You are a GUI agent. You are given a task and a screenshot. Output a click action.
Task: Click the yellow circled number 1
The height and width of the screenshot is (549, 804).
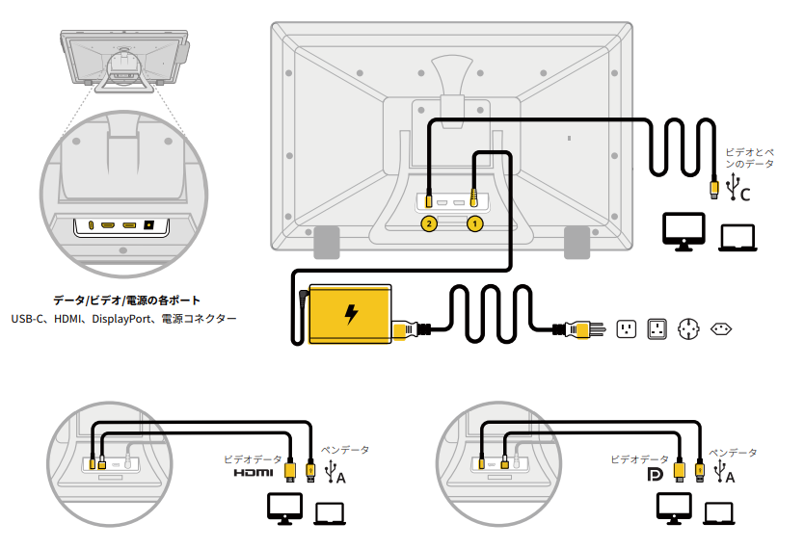pos(474,223)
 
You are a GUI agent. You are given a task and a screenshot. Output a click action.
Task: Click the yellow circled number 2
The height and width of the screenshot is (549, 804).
pos(429,223)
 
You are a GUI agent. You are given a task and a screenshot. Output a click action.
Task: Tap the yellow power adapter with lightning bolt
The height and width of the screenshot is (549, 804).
pos(350,313)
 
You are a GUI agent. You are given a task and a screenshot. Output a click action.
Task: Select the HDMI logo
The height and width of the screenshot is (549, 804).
pos(254,473)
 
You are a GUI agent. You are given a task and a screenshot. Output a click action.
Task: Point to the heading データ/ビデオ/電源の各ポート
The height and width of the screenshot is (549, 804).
pos(121,301)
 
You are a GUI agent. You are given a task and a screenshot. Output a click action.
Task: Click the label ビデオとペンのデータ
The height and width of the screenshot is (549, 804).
pos(748,158)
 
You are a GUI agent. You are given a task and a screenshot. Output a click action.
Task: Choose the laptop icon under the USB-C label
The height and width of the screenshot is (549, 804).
pos(738,235)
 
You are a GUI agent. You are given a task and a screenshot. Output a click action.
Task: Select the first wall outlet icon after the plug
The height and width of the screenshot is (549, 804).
pos(627,329)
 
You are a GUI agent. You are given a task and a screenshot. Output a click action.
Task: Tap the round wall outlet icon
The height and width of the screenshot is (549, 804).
pos(689,329)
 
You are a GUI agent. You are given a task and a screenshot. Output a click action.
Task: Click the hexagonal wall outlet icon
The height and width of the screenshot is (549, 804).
pos(721,329)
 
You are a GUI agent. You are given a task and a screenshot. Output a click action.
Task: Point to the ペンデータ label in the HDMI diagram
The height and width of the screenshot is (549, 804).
pos(344,450)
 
